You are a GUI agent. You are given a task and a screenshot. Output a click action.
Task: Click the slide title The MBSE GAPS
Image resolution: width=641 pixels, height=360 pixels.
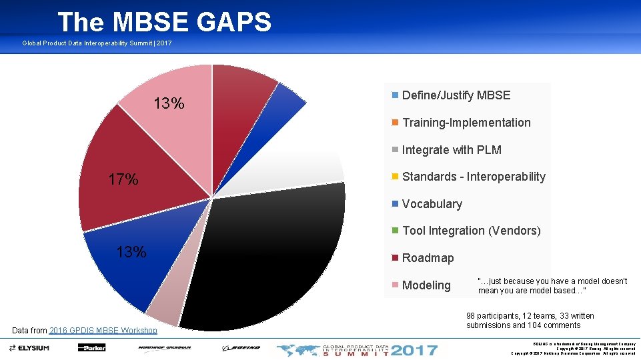click(164, 22)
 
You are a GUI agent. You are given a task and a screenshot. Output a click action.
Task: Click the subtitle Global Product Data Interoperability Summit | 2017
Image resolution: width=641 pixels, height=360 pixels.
click(97, 43)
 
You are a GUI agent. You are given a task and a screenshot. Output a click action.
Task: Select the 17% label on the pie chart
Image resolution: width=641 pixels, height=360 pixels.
click(123, 179)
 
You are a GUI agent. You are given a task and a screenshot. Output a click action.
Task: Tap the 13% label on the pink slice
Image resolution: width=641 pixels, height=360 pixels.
click(169, 104)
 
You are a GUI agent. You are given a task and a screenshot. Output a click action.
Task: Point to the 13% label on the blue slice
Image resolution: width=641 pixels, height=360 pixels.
click(131, 252)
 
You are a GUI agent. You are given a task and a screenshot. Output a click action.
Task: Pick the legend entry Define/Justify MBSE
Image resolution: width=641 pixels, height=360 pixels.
click(456, 95)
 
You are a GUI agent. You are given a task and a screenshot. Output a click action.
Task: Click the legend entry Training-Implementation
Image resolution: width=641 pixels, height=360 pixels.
click(466, 123)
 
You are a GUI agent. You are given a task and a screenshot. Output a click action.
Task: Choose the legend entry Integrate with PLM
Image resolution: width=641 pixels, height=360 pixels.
click(451, 150)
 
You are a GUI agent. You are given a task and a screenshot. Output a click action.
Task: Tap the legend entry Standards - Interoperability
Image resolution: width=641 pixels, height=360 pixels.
click(473, 177)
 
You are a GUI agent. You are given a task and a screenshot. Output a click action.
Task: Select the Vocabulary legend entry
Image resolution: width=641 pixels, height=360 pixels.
click(432, 204)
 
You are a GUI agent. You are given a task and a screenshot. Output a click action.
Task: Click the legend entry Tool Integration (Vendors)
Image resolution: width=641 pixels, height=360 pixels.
click(471, 231)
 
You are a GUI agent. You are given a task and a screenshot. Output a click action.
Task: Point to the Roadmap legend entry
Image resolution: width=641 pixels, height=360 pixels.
click(428, 258)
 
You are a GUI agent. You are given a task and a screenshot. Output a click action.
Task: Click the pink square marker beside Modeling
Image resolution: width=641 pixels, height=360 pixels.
click(396, 285)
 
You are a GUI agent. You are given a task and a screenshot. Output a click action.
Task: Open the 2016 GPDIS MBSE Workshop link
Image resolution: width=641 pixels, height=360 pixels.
click(103, 330)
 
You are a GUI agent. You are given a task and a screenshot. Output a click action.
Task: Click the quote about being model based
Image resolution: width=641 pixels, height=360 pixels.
click(552, 286)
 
